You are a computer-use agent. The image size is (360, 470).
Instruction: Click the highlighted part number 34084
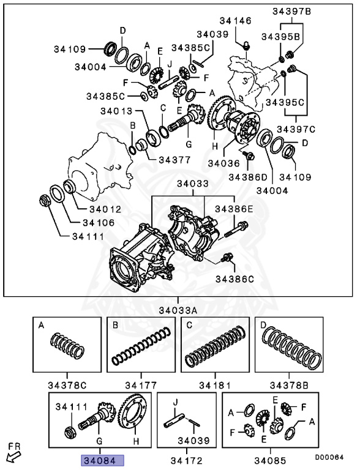(102, 460)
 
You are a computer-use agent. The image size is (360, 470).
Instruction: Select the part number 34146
(235, 21)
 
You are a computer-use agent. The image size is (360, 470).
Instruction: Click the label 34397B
(291, 12)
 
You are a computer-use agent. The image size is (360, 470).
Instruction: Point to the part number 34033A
(178, 310)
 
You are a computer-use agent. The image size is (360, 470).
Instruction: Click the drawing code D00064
(329, 457)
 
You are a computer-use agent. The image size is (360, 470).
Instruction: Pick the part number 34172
(187, 460)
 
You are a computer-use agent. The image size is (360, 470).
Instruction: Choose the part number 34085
(270, 460)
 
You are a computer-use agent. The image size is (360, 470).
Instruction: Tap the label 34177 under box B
(141, 385)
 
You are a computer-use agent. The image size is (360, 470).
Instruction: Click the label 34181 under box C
(215, 385)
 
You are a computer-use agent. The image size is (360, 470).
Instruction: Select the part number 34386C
(234, 279)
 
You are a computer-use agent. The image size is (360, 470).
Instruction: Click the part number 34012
(105, 209)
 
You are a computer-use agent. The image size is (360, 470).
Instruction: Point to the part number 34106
(99, 222)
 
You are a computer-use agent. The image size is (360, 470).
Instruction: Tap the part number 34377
(174, 160)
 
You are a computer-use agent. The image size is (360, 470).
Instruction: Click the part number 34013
(116, 111)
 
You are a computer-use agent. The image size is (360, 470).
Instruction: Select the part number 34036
(224, 163)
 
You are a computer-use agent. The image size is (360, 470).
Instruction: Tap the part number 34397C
(296, 129)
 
